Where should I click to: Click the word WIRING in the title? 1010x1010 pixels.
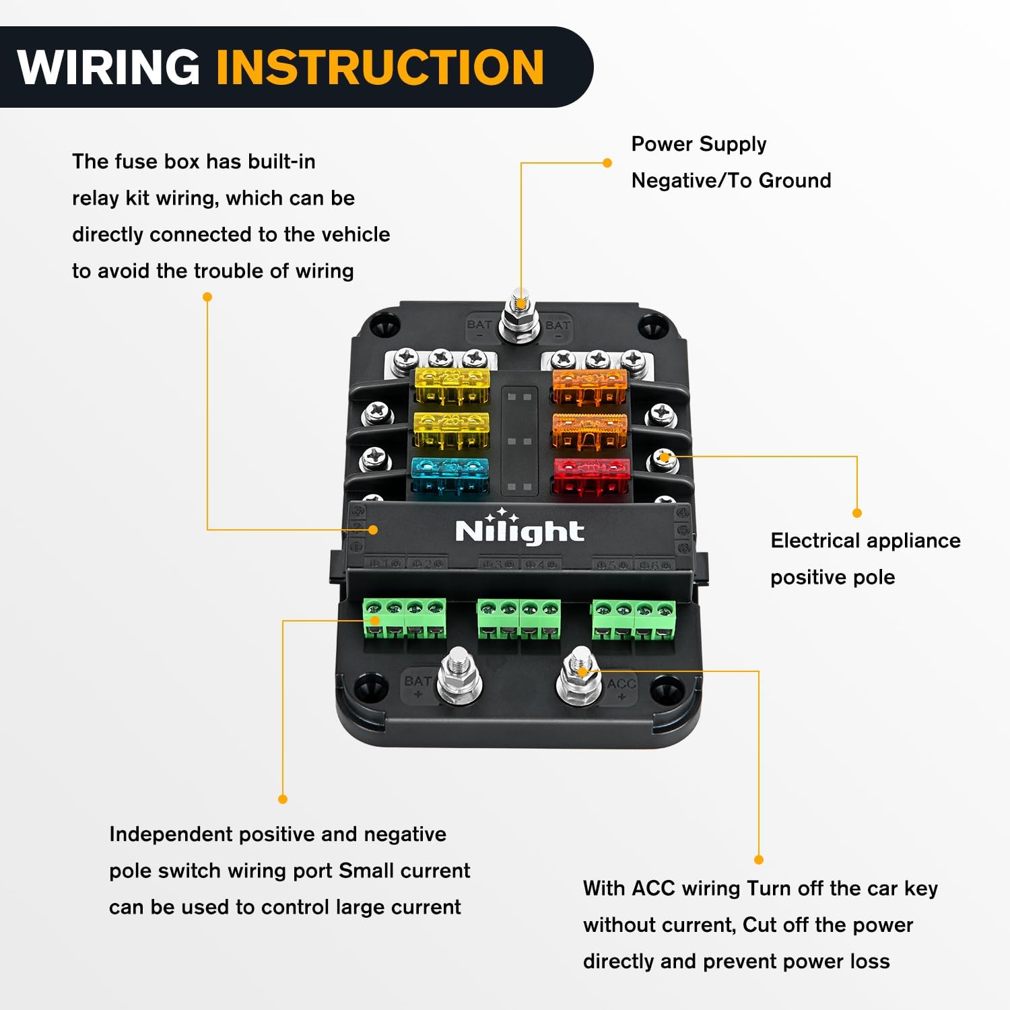(109, 67)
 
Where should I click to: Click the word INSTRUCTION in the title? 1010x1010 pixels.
(380, 67)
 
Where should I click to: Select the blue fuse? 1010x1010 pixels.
(450, 475)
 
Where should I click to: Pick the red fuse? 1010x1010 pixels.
(591, 475)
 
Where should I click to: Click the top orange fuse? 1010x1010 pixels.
(590, 385)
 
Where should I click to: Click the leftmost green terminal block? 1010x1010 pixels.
(405, 618)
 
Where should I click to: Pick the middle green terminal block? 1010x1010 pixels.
(518, 618)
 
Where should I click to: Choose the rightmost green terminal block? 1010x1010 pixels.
(634, 618)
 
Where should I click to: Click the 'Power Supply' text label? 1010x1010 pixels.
(698, 144)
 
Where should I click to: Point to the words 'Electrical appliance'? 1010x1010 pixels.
(865, 541)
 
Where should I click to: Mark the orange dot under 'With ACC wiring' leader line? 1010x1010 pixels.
(759, 860)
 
